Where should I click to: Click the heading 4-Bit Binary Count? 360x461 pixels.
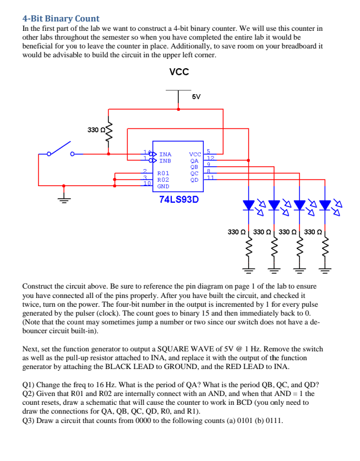61,19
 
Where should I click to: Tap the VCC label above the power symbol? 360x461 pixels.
179,72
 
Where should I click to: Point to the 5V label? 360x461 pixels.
197,96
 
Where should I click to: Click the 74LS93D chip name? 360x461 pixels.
179,199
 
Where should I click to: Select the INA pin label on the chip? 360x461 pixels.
165,155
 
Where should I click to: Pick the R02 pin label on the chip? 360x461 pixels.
163,180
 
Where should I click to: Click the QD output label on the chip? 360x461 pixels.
194,180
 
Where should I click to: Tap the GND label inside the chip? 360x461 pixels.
163,186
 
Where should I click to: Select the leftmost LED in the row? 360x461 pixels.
249,205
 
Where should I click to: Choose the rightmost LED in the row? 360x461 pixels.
325,205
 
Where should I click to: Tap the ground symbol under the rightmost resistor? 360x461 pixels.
325,270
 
